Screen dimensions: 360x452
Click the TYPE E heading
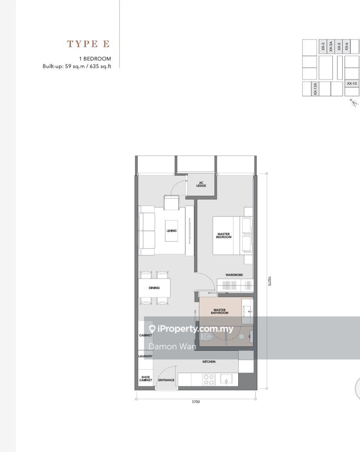[x=88, y=44]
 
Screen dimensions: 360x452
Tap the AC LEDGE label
[x=201, y=184]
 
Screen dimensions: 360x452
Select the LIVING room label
[x=172, y=231]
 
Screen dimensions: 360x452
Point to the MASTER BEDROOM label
[x=223, y=236]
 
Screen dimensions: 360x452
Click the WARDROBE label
[x=234, y=275]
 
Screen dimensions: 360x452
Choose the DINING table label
[x=154, y=288]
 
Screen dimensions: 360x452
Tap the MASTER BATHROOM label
[x=220, y=311]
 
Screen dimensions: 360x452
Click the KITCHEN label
[x=209, y=362]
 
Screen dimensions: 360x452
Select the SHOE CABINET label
[x=145, y=379]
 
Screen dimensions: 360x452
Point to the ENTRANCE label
[x=166, y=380]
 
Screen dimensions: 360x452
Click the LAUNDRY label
[x=145, y=356]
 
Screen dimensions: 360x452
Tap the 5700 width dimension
[x=196, y=402]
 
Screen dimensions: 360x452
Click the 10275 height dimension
[x=270, y=281]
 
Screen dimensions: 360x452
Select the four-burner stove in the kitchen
[x=209, y=380]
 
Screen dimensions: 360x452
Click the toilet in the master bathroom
[x=206, y=337]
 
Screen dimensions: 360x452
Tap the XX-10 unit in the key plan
[x=352, y=83]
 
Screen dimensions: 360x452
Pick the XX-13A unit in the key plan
[x=315, y=89]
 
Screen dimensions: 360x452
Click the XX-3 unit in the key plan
[x=323, y=46]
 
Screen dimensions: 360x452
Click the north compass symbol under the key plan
[x=354, y=103]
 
